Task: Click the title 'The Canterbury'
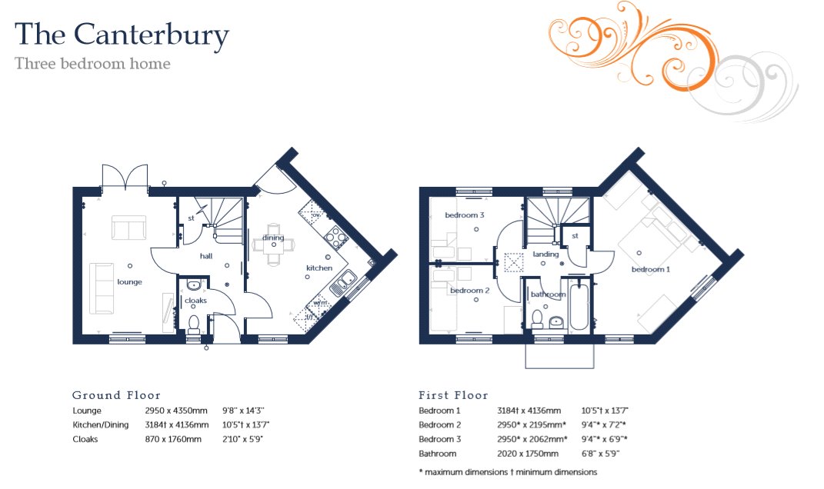pyautogui.click(x=122, y=35)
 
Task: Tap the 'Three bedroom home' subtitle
pyautogui.click(x=92, y=64)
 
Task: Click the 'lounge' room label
pyautogui.click(x=129, y=282)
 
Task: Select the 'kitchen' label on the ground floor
pyautogui.click(x=319, y=268)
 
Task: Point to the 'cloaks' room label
pyautogui.click(x=195, y=301)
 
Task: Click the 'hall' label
pyautogui.click(x=206, y=256)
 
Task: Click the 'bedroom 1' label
pyautogui.click(x=651, y=270)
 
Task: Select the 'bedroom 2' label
pyautogui.click(x=469, y=291)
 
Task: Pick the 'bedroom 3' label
pyautogui.click(x=465, y=215)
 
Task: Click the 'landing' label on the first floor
pyautogui.click(x=545, y=254)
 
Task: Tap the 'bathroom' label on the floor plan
pyautogui.click(x=548, y=294)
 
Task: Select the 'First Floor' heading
pyautogui.click(x=453, y=395)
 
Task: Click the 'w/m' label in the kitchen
pyautogui.click(x=320, y=303)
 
